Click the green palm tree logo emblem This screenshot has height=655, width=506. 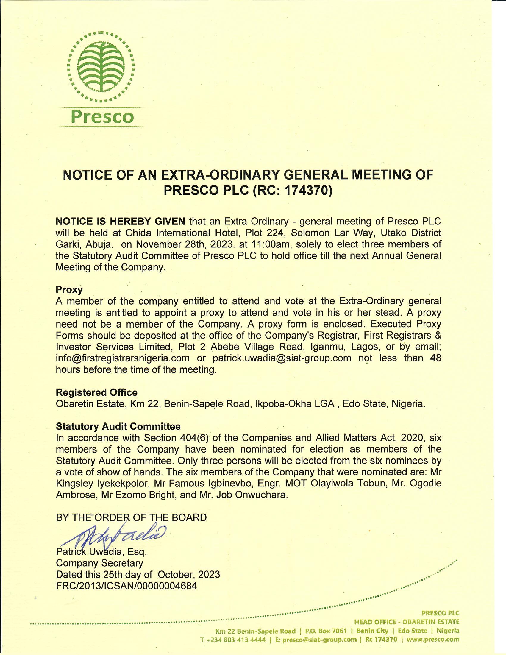101,66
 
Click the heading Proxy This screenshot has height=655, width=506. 69,290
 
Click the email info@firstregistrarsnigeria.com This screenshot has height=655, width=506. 123,358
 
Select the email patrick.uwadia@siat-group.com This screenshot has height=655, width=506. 282,358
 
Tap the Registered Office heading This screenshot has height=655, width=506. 96,392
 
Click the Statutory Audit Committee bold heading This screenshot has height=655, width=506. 118,426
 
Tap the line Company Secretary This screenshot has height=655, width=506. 99,563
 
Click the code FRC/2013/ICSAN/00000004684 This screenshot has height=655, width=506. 126,586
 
